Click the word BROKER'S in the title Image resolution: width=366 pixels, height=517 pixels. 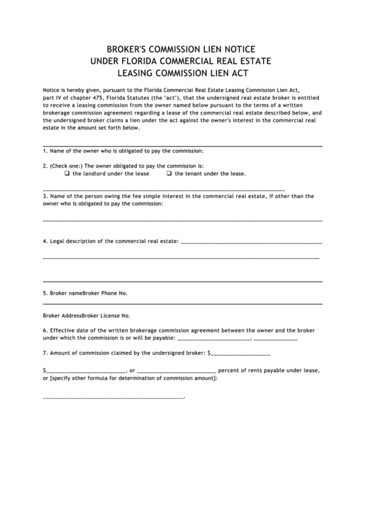click(x=128, y=49)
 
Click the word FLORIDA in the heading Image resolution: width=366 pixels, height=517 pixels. click(x=151, y=61)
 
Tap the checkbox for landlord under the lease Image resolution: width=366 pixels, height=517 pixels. click(x=67, y=174)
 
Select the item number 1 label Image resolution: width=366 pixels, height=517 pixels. click(x=44, y=150)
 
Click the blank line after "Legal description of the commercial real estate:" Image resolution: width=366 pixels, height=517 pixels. click(x=251, y=242)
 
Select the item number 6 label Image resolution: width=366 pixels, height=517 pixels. click(x=44, y=331)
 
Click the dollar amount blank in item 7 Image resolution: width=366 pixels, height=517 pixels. click(x=239, y=353)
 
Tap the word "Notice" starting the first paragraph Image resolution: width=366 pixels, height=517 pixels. click(x=52, y=90)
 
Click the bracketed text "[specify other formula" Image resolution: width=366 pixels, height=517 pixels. click(x=77, y=378)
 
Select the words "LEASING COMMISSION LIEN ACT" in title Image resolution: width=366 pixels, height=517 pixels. click(x=183, y=72)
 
